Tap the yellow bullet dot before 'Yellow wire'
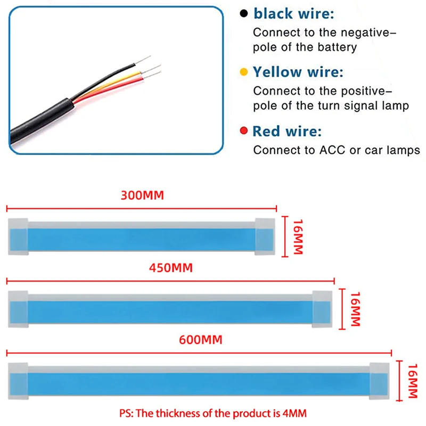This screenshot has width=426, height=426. (244, 71)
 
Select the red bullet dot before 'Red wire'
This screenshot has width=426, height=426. (244, 131)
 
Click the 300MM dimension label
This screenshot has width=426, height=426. (143, 195)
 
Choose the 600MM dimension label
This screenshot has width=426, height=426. (201, 339)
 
